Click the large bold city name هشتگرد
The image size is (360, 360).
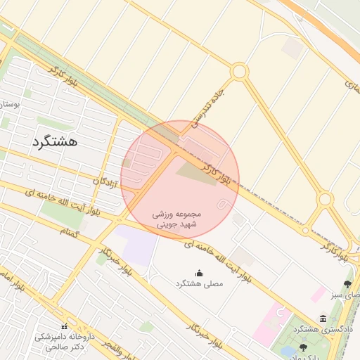(x=54, y=141)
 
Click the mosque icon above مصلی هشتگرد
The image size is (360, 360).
(x=198, y=273)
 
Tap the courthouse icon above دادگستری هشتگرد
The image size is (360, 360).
(x=323, y=319)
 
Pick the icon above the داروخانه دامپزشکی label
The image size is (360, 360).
(x=65, y=326)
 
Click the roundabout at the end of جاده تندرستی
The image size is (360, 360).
(x=239, y=71)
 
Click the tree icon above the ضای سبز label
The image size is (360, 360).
(x=347, y=284)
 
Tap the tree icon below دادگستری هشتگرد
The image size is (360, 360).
(x=303, y=347)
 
